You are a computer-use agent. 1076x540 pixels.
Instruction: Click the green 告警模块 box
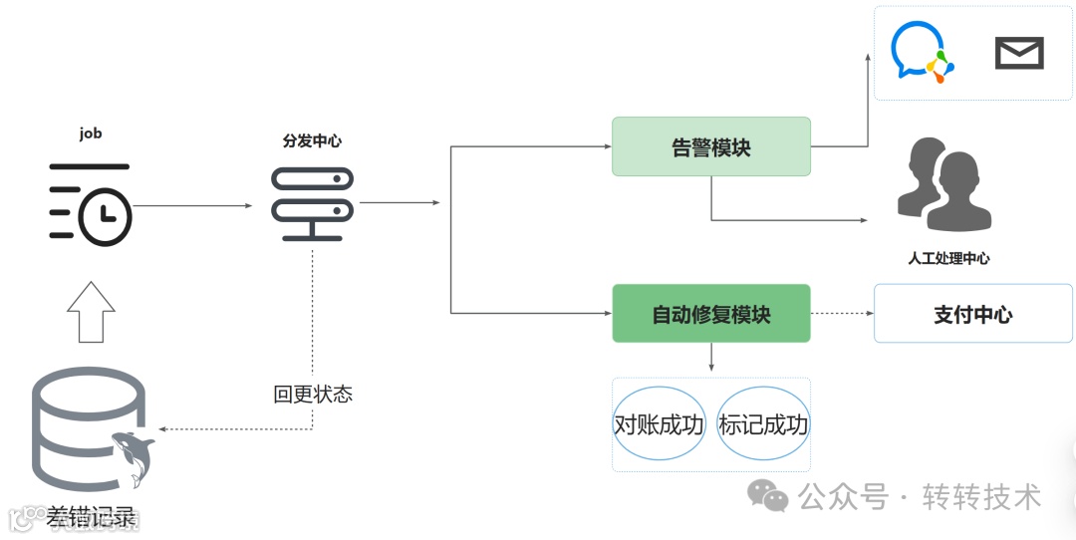pos(710,147)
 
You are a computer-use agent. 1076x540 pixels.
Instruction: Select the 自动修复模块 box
pos(710,314)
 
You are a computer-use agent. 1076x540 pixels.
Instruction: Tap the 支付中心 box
pos(972,314)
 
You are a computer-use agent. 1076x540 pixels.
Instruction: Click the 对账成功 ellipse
pos(659,424)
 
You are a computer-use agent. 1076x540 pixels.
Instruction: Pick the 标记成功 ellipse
pos(763,424)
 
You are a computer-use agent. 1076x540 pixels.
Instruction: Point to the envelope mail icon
pos(1019,53)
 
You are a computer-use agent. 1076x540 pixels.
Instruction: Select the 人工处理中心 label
pos(948,258)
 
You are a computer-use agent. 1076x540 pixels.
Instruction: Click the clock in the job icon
pos(105,217)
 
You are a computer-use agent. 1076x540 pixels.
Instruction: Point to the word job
pos(90,133)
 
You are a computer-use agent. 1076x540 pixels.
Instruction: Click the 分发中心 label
pos(311,140)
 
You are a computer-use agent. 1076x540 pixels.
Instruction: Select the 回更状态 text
pos(312,395)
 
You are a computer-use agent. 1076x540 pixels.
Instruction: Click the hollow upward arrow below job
pos(91,311)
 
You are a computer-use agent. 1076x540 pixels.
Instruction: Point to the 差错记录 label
pos(91,518)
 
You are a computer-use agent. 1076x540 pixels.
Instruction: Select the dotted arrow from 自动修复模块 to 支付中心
pos(841,314)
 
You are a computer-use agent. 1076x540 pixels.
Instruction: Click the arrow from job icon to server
pos(192,206)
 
